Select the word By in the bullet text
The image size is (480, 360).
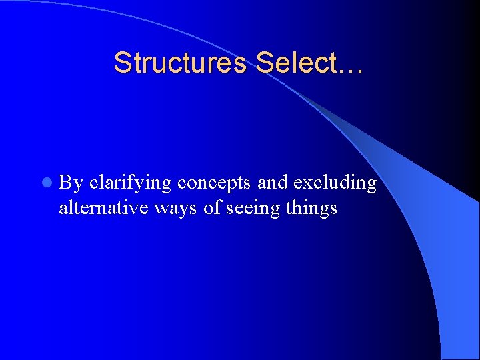pyautogui.click(x=71, y=183)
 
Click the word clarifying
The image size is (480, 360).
pyautogui.click(x=131, y=183)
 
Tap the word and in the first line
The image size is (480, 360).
pyautogui.click(x=273, y=183)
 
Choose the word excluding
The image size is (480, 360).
pyautogui.click(x=335, y=183)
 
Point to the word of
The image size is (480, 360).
pyautogui.click(x=212, y=208)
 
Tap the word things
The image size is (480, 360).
pyautogui.click(x=311, y=208)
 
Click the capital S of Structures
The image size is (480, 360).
pyautogui.click(x=122, y=63)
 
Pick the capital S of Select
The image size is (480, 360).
pyautogui.click(x=264, y=63)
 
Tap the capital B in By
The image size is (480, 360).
pyautogui.click(x=66, y=182)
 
